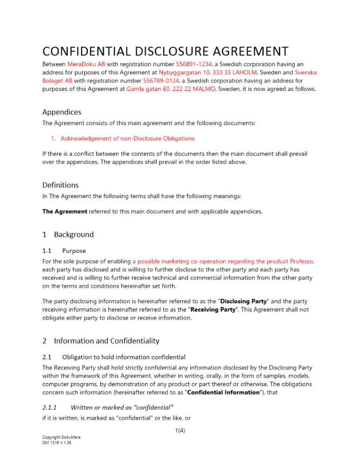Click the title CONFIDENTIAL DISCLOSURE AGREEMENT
click(x=166, y=51)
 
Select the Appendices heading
click(x=62, y=112)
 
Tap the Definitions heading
click(x=61, y=185)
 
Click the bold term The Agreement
click(x=65, y=212)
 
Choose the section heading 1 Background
click(x=68, y=234)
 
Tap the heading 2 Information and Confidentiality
click(x=101, y=341)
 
